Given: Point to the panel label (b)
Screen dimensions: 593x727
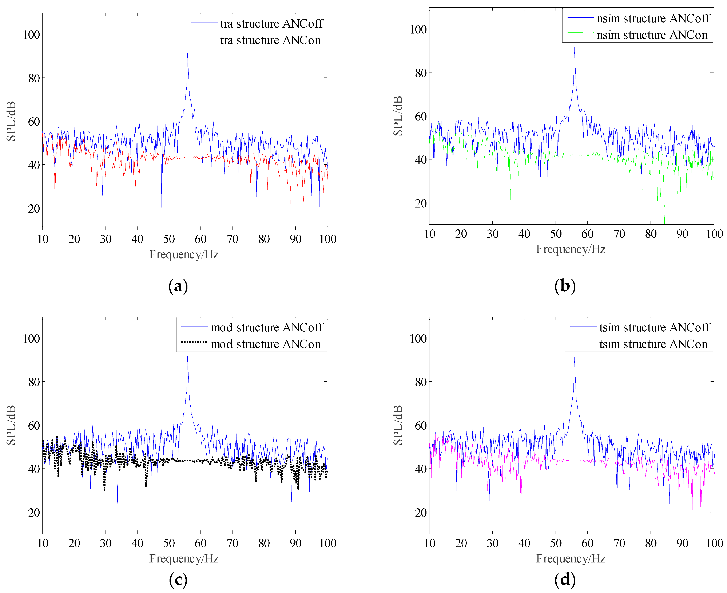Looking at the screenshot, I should click(x=565, y=286).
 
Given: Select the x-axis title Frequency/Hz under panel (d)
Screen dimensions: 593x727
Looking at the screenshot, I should click(x=571, y=558).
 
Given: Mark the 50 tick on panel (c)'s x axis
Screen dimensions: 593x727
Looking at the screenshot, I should click(x=169, y=543).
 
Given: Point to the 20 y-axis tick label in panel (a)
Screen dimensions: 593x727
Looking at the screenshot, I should click(x=34, y=208).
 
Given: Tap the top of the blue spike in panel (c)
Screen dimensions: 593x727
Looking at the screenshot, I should click(x=187, y=357).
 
